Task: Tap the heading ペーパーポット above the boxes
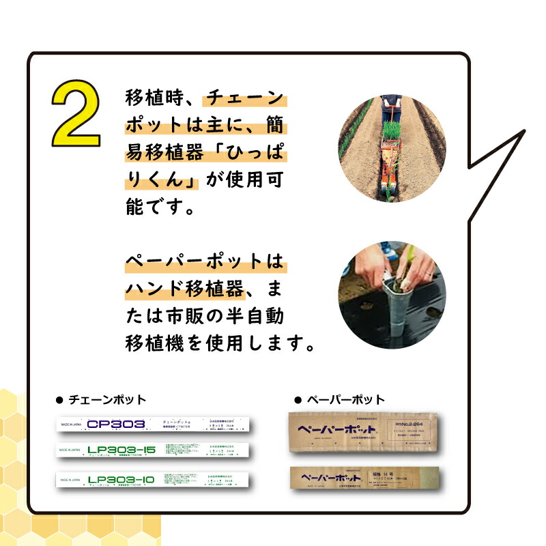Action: coord(345,399)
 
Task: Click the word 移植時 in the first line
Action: coord(153,98)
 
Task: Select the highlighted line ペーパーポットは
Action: coord(203,262)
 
